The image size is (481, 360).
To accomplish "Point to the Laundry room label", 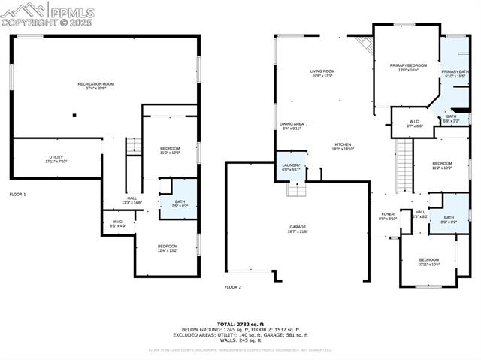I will coord(290,167).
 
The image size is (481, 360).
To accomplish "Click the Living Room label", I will coord(322,73).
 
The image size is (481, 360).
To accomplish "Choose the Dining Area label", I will coord(292,126).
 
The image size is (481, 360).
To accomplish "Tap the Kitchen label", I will coord(343,147).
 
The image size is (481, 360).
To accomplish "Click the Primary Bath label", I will coord(455,74).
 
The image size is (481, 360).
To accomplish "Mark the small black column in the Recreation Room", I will coord(74,115).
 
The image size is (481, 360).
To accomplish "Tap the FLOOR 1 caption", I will coord(17,195).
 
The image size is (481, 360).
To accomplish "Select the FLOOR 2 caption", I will coord(233,287).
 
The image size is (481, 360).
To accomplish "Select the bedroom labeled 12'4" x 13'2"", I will coord(168,248).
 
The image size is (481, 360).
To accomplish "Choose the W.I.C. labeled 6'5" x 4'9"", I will coord(118,223).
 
